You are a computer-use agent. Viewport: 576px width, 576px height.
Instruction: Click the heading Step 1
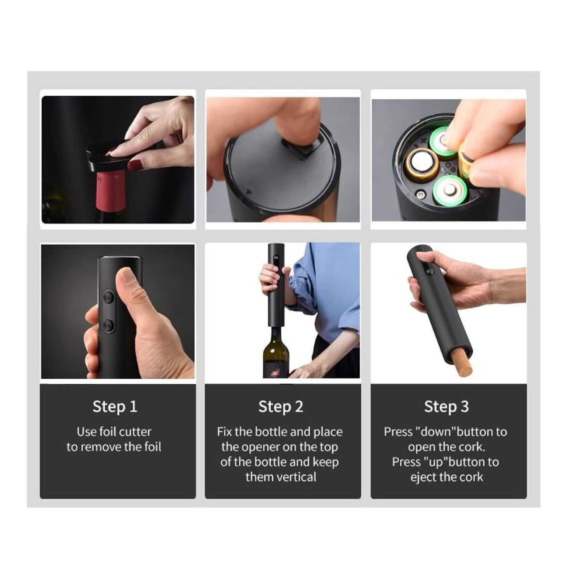pos(115,407)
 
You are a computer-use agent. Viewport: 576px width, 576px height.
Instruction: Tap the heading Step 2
pos(281,407)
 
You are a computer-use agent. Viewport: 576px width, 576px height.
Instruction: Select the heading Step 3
pos(447,407)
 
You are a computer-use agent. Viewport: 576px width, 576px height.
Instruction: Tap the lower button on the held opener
pos(108,326)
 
